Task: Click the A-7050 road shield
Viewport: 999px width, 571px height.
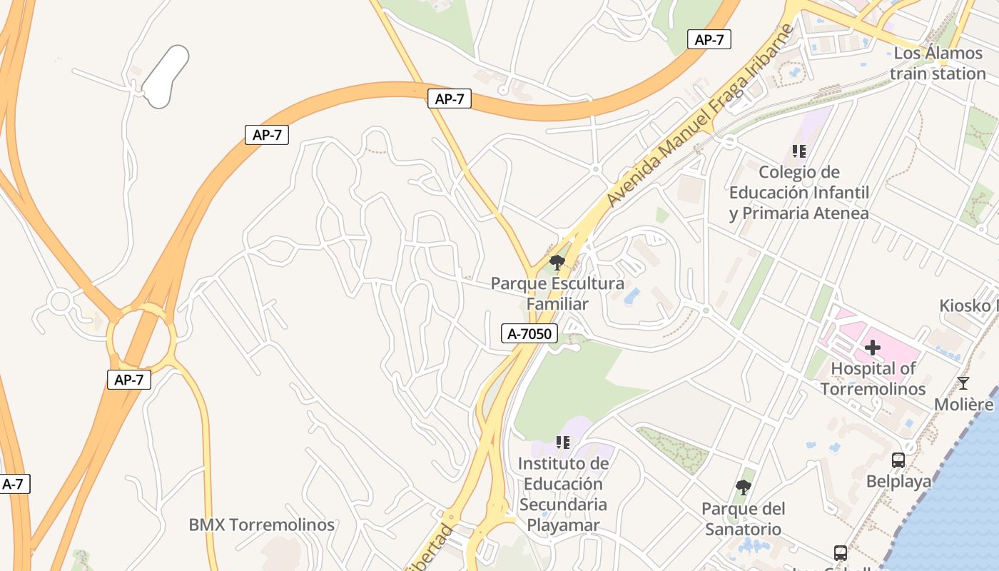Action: tap(529, 333)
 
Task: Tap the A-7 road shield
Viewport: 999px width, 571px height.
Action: tap(14, 484)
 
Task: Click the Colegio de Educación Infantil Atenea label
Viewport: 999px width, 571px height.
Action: tap(799, 193)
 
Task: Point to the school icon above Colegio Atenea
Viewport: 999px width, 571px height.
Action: tap(799, 151)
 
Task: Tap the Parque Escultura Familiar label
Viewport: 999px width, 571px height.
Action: tap(557, 293)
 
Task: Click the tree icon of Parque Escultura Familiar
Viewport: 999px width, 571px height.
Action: tap(557, 263)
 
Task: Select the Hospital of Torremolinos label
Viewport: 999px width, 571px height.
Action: tap(873, 379)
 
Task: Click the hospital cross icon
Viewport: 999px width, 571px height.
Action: tap(873, 348)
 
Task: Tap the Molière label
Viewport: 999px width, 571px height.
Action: tap(964, 405)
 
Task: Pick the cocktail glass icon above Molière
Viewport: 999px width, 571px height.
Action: tap(963, 383)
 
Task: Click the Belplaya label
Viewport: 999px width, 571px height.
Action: tap(898, 482)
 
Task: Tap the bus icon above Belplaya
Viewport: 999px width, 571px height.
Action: tap(898, 460)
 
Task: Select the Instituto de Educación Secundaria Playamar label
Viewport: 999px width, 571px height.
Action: tap(563, 495)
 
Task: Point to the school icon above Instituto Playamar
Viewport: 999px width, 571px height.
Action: tap(563, 443)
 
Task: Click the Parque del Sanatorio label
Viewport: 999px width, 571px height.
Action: tap(743, 519)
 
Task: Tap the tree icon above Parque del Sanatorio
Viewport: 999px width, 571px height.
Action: tap(743, 487)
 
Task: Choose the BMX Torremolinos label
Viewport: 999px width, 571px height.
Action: tap(261, 525)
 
